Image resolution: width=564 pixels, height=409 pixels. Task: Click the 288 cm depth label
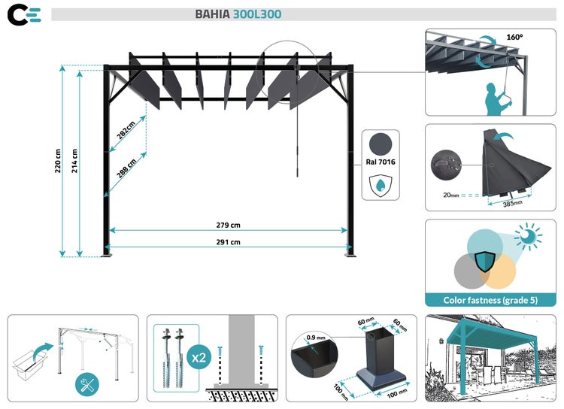tap(126, 164)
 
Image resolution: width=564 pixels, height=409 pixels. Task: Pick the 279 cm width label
tap(227, 225)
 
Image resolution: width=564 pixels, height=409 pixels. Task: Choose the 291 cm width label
tap(227, 242)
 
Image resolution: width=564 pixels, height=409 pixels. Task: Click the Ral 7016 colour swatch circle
tap(381, 143)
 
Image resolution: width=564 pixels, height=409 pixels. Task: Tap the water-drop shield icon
tap(381, 185)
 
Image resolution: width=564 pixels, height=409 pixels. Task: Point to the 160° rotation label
tap(514, 36)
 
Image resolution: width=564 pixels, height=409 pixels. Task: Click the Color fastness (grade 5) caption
tap(491, 300)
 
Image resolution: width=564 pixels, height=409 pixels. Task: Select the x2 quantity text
tap(198, 358)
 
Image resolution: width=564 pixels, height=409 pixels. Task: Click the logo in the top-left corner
tap(24, 14)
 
